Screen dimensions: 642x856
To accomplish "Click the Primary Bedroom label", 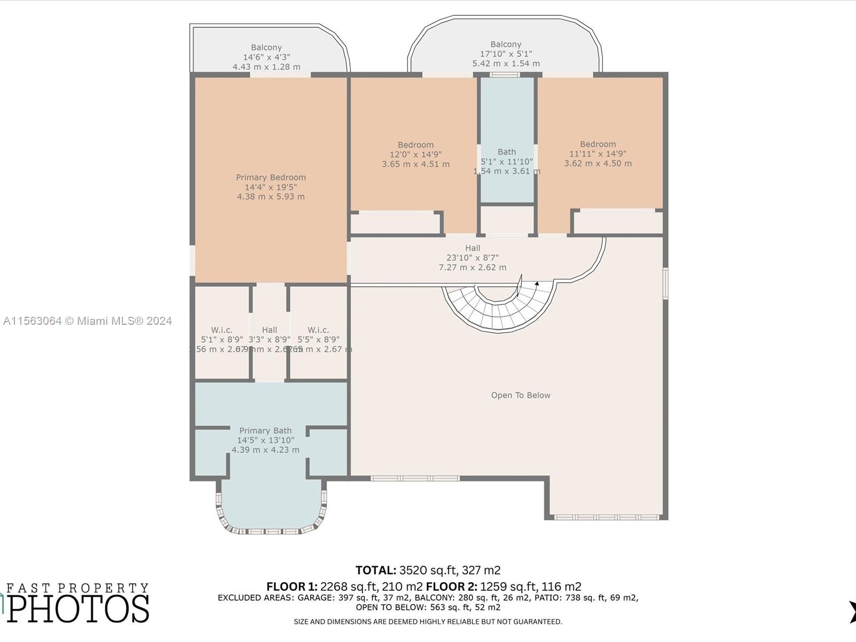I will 271,178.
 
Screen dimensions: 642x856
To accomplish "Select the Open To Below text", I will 521,395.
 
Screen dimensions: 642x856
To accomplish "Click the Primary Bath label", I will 265,431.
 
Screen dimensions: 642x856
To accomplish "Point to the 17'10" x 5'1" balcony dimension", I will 506,54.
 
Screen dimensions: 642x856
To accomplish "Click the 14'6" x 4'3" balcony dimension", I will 266,57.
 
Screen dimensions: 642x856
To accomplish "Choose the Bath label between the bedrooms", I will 507,152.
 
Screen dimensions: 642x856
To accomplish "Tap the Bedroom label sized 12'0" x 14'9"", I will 416,145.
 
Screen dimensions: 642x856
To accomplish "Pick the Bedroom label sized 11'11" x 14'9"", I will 598,144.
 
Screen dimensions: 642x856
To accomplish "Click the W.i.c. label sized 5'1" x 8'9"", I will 221,330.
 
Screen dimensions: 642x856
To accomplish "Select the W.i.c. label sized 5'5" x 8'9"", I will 318,330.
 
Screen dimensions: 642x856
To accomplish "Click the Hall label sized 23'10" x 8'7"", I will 472,248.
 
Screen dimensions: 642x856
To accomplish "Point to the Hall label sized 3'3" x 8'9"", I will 270,330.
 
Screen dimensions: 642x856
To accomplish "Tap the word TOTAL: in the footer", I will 376,570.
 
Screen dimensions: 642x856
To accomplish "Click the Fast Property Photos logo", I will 78,603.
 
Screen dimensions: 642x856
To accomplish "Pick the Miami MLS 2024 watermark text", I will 87,321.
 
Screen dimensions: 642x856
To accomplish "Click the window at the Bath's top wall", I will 505,75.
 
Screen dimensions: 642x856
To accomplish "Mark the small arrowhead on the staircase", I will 537,283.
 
